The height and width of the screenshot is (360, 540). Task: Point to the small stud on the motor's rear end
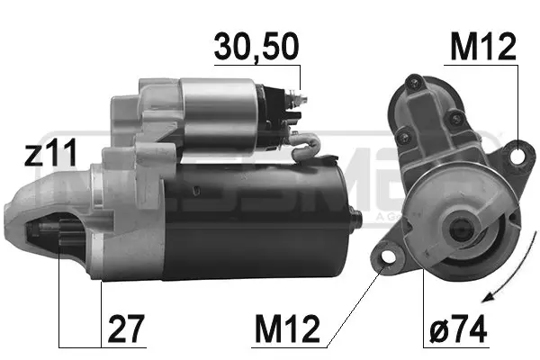356,214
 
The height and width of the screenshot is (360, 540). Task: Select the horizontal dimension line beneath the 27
79,347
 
